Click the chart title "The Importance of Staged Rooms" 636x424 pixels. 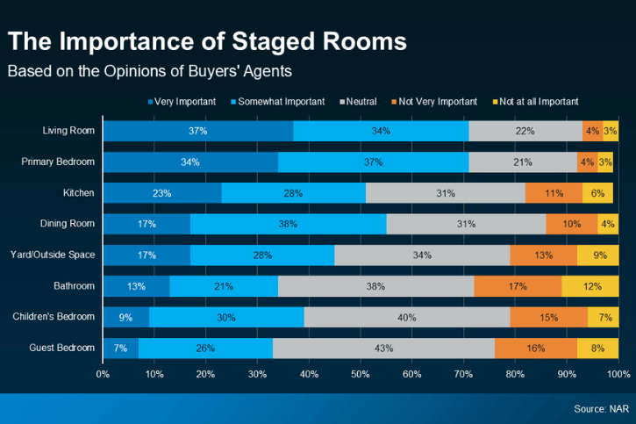207,42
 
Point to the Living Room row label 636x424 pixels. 68,131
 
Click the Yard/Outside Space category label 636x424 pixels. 54,255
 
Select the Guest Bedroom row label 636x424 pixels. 62,348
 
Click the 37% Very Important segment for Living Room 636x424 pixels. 197,131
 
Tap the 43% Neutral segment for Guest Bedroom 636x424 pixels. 383,348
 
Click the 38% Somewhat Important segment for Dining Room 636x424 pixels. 288,224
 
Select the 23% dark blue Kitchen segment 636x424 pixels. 161,193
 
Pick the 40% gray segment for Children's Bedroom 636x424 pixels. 406,317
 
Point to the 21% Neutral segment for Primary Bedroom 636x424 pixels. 522,162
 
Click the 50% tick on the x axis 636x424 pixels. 361,374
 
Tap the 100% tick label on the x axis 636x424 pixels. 618,374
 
